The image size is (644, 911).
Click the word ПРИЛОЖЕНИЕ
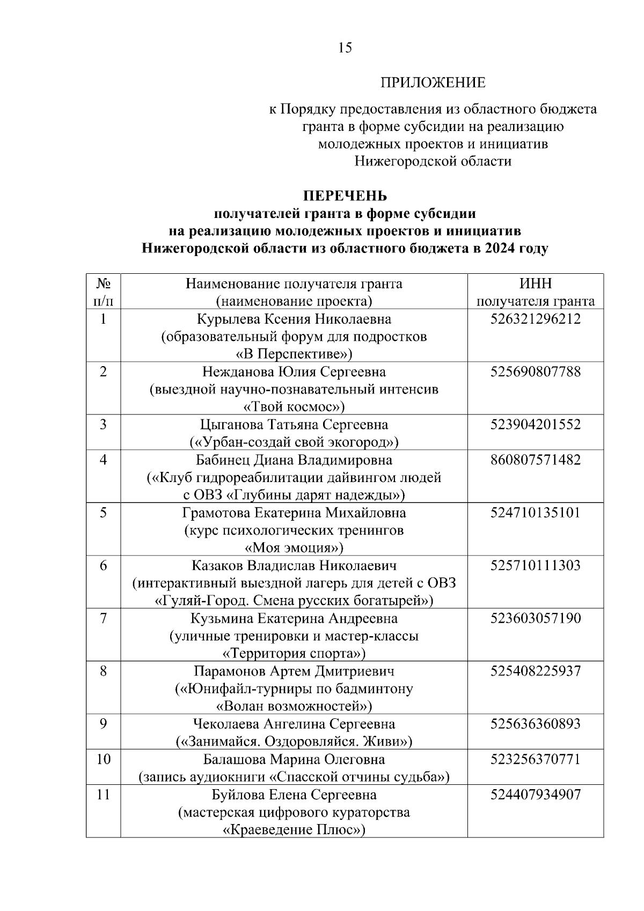pos(433,83)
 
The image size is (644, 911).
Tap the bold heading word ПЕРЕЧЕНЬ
pos(345,196)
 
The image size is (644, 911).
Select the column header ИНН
pos(535,284)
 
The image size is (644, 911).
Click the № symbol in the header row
pos(103,283)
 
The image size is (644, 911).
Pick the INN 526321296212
pos(535,319)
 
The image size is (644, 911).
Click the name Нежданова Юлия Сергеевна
pos(294,372)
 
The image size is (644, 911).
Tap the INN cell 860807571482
pos(535,460)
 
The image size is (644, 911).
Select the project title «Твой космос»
pos(294,406)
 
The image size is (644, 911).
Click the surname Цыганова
pos(232,425)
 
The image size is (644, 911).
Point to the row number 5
pos(103,513)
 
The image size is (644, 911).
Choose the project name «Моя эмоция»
pos(294,548)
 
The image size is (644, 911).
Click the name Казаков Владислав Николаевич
pos(294,566)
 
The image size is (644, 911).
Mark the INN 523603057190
pos(535,618)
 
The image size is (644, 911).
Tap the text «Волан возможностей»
pos(294,706)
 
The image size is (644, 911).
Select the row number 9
pos(103,724)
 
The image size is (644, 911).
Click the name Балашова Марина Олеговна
pos(294,760)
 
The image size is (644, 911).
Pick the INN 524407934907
pos(535,795)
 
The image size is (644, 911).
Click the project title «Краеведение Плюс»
pos(294,829)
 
